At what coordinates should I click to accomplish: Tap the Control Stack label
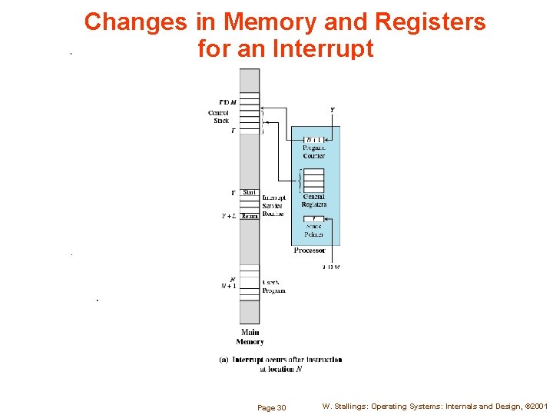[x=220, y=117]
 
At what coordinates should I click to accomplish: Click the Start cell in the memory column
[x=250, y=192]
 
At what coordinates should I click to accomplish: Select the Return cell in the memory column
[x=250, y=216]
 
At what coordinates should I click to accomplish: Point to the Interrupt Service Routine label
[x=273, y=205]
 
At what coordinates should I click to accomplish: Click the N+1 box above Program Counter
[x=313, y=140]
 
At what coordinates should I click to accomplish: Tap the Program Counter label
[x=313, y=151]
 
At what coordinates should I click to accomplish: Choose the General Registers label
[x=313, y=201]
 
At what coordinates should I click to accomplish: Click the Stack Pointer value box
[x=313, y=219]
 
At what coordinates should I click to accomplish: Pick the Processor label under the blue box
[x=310, y=251]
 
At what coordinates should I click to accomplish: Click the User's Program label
[x=273, y=287]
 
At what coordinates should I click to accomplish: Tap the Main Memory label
[x=250, y=337]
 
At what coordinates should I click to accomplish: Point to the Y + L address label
[x=229, y=216]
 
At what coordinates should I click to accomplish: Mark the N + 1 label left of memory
[x=229, y=286]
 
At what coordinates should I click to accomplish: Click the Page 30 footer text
[x=271, y=407]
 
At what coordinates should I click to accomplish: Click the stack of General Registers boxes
[x=313, y=181]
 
